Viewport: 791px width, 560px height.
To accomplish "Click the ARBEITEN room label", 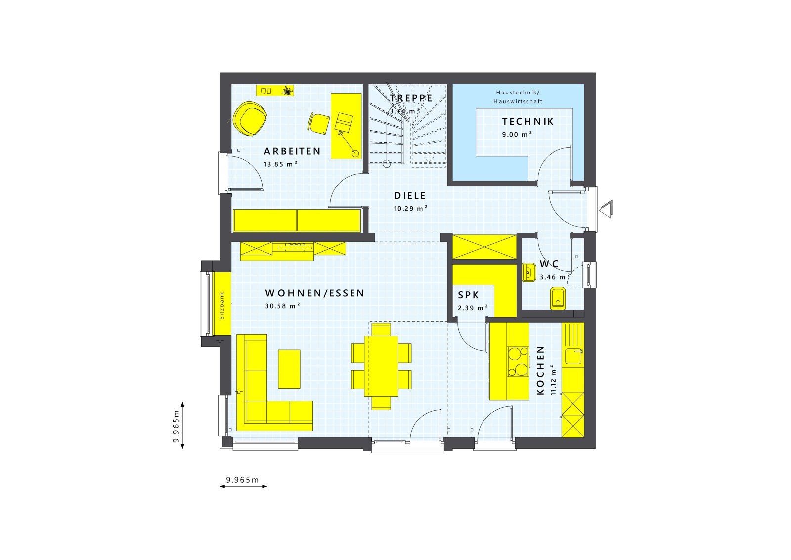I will (292, 151).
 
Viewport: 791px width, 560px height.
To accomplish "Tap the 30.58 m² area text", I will (282, 306).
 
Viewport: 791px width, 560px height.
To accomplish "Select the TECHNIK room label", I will (527, 121).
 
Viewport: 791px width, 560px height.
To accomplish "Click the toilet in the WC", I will (558, 298).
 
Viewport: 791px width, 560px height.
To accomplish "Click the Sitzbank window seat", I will (222, 305).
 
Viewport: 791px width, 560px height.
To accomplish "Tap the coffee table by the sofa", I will (289, 369).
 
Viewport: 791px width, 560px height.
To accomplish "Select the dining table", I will (381, 366).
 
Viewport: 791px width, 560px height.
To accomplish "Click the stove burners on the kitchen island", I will (518, 362).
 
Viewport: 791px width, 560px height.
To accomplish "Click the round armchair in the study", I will (250, 119).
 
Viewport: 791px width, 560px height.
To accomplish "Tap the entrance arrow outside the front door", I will (606, 209).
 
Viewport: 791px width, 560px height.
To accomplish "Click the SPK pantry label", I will (468, 295).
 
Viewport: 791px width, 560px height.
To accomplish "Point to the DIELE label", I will (410, 196).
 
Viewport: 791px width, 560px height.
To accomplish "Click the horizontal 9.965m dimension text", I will (242, 479).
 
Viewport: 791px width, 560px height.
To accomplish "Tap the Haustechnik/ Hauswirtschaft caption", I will (518, 97).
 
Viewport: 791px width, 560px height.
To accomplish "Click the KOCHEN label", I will (540, 370).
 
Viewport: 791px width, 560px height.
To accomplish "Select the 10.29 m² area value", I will (410, 209).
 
